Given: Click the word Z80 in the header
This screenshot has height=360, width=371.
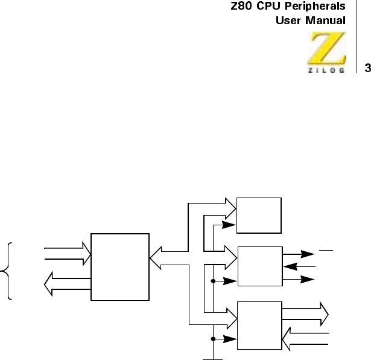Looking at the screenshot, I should pos(243,7).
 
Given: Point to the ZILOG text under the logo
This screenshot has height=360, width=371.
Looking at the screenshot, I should pos(328,70).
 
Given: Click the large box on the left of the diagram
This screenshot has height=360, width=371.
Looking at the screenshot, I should pos(119,266).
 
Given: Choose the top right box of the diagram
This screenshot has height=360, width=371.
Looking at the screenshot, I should pos(259,215).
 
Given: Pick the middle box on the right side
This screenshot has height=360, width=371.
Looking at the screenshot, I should pos(259,266).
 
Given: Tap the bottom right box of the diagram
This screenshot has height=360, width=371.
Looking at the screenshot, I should pos(259,324).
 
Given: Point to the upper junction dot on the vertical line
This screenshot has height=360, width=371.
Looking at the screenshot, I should pos(213,280).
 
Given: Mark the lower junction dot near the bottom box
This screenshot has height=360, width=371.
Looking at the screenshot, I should pos(213,339).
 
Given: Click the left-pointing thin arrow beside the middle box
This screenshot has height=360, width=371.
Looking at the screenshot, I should pos(299,266).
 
